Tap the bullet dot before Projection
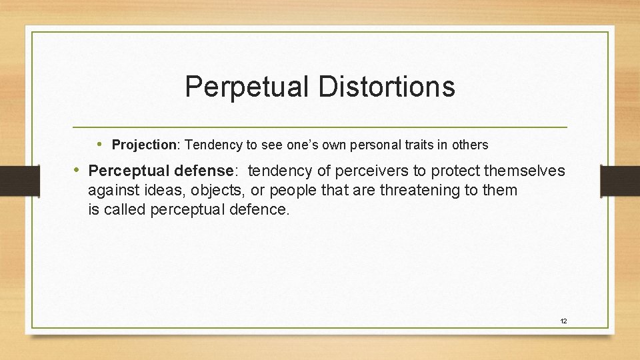point(99,144)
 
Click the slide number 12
point(563,321)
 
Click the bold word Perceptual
point(125,171)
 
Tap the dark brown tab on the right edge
point(620,180)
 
